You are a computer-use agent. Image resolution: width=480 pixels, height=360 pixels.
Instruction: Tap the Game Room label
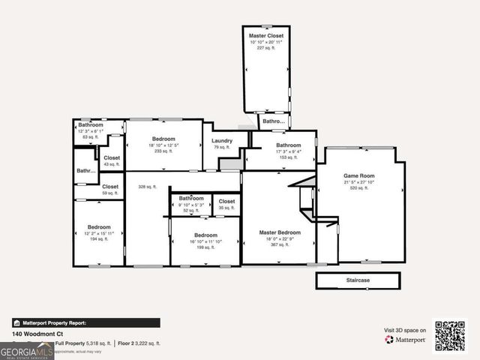coord(357,175)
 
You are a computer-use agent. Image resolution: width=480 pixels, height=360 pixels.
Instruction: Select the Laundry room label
coord(221,140)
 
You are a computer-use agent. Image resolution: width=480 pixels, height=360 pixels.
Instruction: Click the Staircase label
coord(358,280)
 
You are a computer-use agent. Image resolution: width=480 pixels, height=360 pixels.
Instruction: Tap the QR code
coord(450,335)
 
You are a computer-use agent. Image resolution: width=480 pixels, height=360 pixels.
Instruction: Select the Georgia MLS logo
coord(27,349)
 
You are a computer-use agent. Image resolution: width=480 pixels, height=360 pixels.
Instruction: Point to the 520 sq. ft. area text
coord(357,188)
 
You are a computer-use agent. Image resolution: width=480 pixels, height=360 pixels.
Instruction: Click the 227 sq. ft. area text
coord(266,47)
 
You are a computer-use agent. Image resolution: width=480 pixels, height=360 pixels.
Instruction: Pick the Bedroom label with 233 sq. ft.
coord(163,139)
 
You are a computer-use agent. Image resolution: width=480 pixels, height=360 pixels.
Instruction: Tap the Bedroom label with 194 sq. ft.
coord(99,226)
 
